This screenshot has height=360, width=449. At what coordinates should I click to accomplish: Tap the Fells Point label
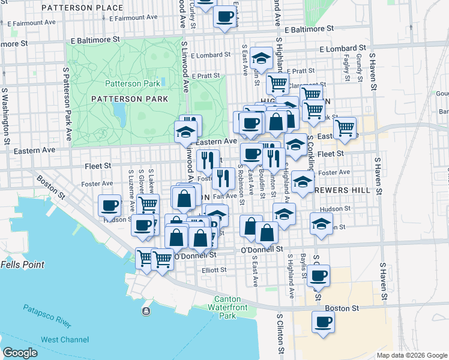(21, 264)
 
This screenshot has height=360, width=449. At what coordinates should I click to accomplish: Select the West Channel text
(65, 340)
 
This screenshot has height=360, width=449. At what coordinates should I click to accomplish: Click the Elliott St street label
(214, 270)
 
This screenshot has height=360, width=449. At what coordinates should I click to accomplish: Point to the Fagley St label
(347, 67)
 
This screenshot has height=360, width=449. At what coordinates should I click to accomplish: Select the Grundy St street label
(359, 67)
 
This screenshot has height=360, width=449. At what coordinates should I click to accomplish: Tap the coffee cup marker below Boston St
(323, 322)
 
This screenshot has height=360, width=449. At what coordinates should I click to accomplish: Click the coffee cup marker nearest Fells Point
(110, 206)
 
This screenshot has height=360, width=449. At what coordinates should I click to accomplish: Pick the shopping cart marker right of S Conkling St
(345, 127)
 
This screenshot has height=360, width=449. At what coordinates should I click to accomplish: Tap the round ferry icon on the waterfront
(146, 311)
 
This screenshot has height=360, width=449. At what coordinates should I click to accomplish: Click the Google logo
(20, 353)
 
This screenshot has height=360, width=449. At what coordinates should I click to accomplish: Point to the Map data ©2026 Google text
(412, 355)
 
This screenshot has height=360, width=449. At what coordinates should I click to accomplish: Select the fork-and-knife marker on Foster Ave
(223, 178)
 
